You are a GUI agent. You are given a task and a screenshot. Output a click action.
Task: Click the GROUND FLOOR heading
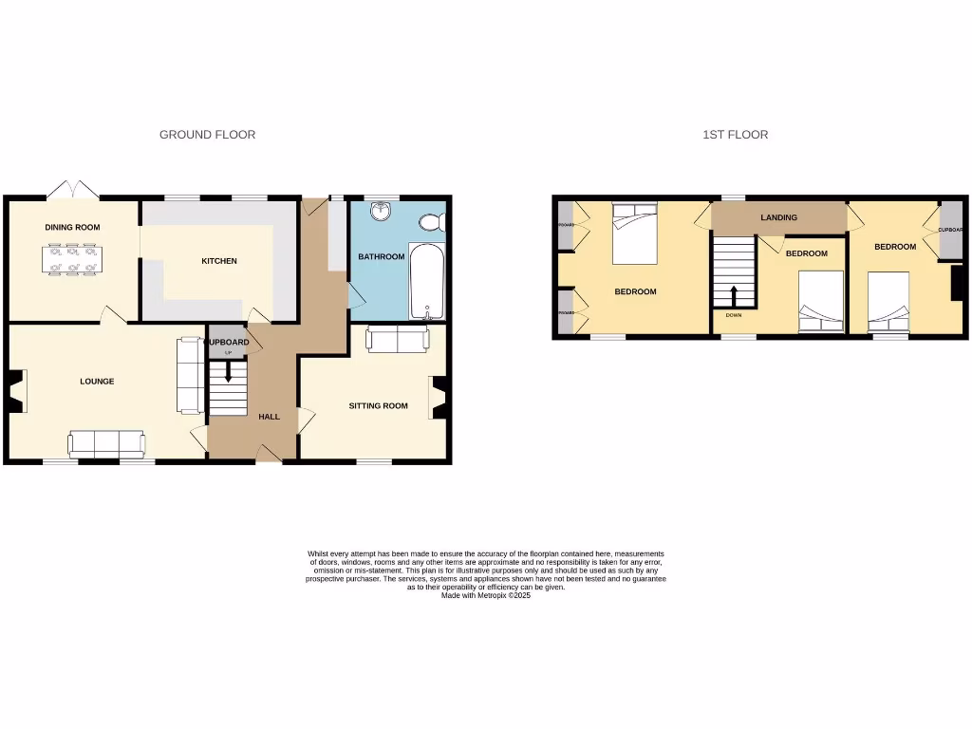pyautogui.click(x=207, y=135)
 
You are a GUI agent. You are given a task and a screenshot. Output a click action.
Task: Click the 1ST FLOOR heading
pyautogui.click(x=735, y=135)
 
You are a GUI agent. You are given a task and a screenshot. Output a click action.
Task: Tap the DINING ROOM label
pyautogui.click(x=72, y=228)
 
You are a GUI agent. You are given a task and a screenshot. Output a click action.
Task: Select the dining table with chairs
pyautogui.click(x=72, y=260)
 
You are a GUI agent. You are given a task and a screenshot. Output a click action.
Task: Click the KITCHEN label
pyautogui.click(x=218, y=261)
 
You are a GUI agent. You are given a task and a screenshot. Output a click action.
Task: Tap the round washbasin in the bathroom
pyautogui.click(x=383, y=210)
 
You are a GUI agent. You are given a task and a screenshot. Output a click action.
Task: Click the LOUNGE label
pyautogui.click(x=97, y=382)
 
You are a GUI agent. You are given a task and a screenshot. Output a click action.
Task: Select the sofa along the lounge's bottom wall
pyautogui.click(x=106, y=443)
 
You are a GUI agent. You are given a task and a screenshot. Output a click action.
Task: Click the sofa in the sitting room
pyautogui.click(x=396, y=338)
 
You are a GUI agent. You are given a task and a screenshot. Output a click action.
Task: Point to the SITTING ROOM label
pyautogui.click(x=378, y=406)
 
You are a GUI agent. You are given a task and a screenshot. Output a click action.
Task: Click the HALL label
pyautogui.click(x=270, y=417)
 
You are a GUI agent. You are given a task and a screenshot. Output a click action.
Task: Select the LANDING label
pyautogui.click(x=778, y=218)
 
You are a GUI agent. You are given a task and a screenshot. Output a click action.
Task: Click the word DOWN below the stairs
pyautogui.click(x=733, y=315)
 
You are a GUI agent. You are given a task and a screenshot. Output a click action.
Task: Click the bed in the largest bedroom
pyautogui.click(x=633, y=234)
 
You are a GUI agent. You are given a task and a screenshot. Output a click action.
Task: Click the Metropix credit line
pyautogui.click(x=485, y=595)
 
